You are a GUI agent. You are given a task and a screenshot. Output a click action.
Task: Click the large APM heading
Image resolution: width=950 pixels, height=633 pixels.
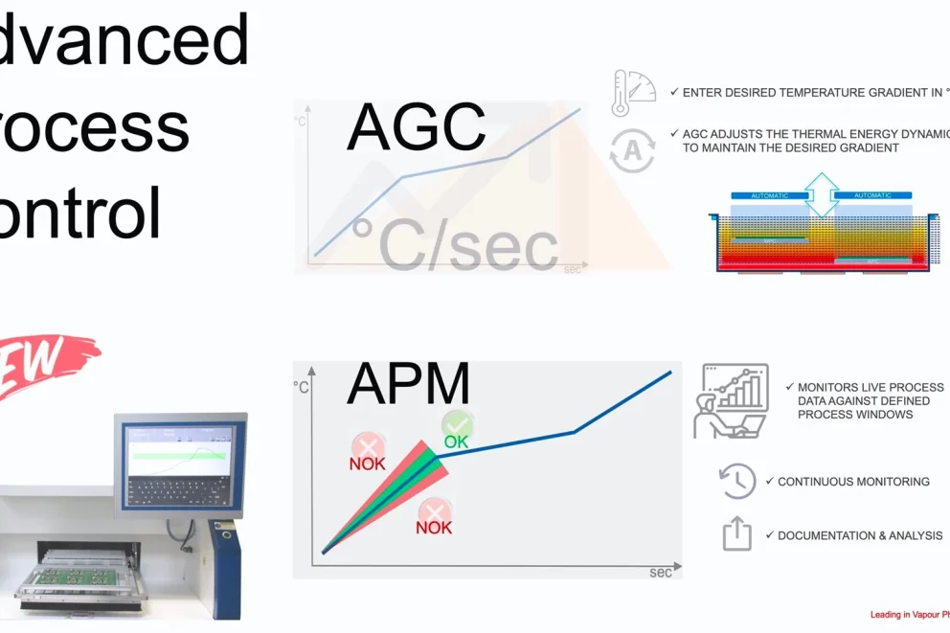409,383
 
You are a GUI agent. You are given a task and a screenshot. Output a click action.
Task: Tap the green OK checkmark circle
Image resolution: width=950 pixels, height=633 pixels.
457,425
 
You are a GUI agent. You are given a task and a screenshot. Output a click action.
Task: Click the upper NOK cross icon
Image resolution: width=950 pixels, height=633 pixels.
368,447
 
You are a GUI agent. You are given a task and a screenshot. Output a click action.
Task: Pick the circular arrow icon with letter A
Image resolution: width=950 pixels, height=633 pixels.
632,150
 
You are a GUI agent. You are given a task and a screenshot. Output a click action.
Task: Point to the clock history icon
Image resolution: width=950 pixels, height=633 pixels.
737,481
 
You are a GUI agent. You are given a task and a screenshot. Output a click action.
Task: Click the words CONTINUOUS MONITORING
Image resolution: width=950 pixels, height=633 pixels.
853,482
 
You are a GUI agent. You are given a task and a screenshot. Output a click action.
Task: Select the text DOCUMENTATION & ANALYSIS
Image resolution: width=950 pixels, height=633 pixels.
860,536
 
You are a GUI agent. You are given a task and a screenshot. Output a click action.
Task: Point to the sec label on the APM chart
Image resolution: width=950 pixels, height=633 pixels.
661,573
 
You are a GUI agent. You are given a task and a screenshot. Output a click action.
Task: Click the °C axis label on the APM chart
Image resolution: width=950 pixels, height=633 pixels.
302,387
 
